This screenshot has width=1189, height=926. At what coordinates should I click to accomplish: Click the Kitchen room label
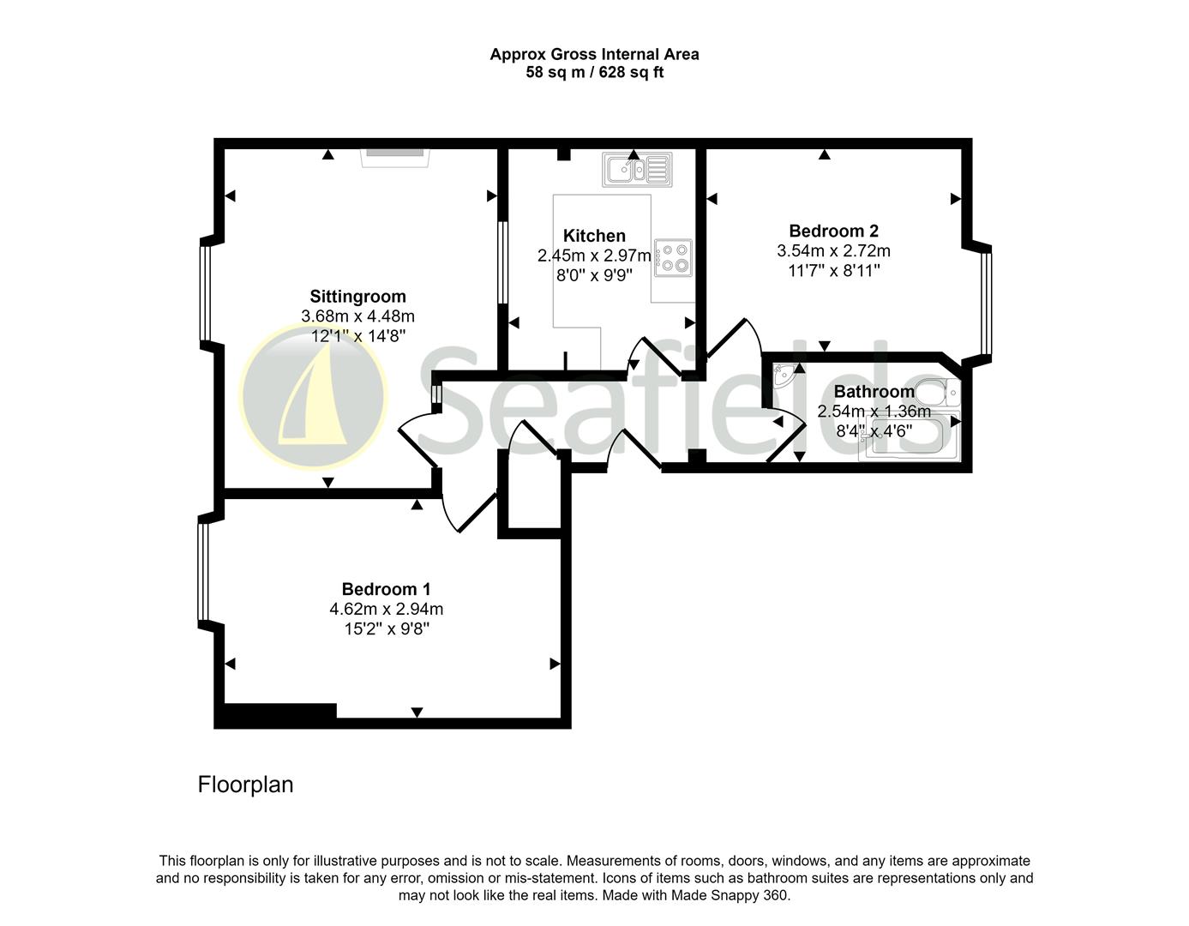tap(594, 236)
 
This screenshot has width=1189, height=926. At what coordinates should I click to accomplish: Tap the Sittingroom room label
tap(357, 297)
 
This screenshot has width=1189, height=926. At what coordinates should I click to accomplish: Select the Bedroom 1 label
tap(386, 589)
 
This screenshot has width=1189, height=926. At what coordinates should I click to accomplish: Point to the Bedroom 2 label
tap(833, 231)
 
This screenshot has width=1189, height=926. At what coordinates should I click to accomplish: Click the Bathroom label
tap(874, 392)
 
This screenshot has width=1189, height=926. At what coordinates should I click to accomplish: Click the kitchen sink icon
tap(637, 170)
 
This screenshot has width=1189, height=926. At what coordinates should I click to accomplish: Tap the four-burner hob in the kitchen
tap(673, 258)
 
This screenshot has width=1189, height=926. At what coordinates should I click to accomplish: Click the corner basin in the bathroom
tap(783, 376)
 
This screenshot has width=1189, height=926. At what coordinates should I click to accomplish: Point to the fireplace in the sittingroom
tap(394, 157)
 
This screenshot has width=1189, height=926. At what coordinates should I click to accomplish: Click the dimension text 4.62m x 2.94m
tap(386, 610)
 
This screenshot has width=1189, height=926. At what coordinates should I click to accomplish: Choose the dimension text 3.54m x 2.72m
tap(833, 251)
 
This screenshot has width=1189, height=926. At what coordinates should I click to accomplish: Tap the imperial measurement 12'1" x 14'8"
tap(357, 336)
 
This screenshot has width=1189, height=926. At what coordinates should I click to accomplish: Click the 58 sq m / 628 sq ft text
tap(594, 73)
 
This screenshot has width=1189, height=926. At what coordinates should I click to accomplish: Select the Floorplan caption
tap(245, 785)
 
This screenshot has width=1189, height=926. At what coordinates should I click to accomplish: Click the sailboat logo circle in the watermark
tap(314, 397)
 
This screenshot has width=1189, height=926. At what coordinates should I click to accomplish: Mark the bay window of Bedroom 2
tap(986, 304)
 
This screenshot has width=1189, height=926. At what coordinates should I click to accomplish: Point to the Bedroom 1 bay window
tap(203, 573)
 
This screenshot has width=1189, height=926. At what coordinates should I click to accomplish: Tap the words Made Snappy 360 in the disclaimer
tap(729, 895)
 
